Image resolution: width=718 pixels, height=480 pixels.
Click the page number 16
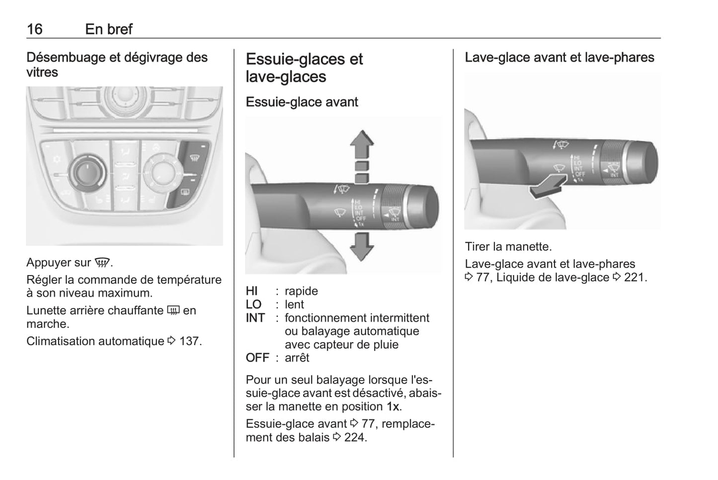coord(34,29)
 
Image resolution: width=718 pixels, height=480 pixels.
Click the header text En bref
coord(108,29)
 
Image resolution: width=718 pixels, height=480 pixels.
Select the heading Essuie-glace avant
coord(302,102)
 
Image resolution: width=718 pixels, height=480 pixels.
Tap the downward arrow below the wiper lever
coord(362,247)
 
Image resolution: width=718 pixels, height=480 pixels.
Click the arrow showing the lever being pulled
coord(547,186)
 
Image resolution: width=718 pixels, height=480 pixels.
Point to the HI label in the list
coord(252,291)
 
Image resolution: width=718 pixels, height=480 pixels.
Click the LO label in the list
coord(253,304)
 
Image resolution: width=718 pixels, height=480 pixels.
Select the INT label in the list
coord(255,318)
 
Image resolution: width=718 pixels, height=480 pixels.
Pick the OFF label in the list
coord(257,358)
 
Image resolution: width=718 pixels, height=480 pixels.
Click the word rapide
coord(301,291)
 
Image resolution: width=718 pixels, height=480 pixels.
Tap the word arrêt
coord(297,358)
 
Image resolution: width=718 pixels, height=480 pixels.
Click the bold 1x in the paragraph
coord(393,406)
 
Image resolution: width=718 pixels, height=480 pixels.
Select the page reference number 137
coord(190,341)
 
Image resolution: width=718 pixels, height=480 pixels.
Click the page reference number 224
coord(355,438)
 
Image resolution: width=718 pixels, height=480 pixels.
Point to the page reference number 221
coord(635,278)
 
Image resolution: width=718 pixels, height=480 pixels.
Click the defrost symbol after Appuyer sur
coord(102,263)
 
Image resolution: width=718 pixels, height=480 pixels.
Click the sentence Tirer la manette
coord(508,247)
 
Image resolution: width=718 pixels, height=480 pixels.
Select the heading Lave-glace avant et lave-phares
coord(559,58)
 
